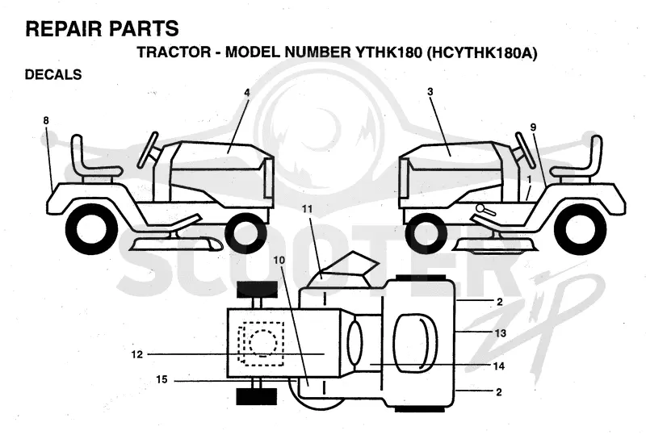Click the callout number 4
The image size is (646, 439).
point(247,93)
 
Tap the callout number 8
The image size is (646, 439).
point(46,121)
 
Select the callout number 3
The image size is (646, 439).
point(430,91)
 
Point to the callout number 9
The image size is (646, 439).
point(533,128)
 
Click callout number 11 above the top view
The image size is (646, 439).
point(308,209)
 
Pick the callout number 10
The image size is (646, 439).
point(279,261)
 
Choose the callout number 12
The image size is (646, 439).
point(136,354)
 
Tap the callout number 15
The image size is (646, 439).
point(162,379)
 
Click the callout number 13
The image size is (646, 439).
point(500,332)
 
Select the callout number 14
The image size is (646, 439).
point(498,366)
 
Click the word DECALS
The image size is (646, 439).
point(53,74)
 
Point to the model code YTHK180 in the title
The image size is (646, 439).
point(387,52)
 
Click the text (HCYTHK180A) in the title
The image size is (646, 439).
point(482,52)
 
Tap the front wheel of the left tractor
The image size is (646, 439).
point(243,233)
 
